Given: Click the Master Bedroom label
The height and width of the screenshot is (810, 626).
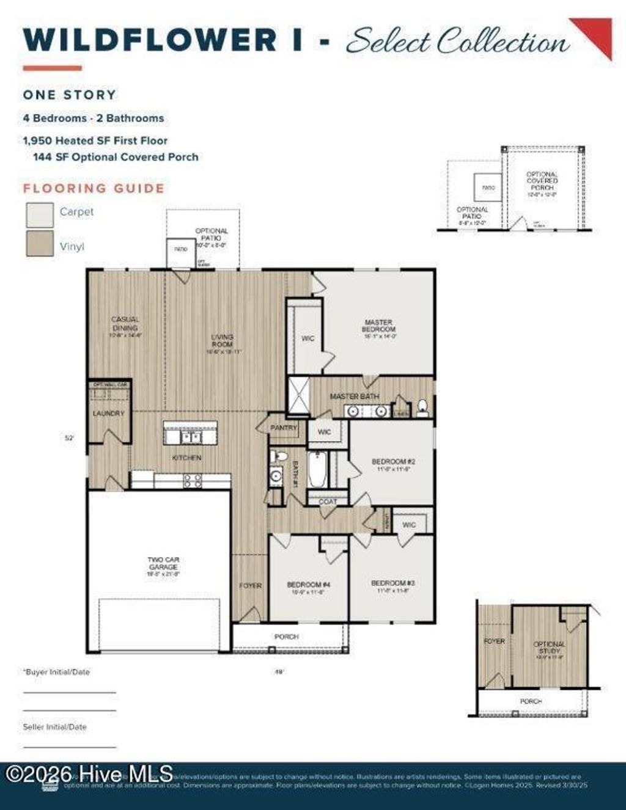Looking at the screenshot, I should [378, 326].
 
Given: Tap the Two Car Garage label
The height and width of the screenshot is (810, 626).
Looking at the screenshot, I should [163, 563].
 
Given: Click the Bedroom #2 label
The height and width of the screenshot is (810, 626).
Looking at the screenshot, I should [393, 462].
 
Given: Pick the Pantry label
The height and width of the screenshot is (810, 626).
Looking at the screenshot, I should [284, 428].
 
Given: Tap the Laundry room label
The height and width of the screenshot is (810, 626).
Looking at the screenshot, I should [108, 414].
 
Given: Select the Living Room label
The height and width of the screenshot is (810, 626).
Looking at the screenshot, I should [223, 340].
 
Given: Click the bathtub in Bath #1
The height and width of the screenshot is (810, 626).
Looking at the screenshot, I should [318, 469].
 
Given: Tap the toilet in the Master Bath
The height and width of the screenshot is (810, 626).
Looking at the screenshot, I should [422, 407].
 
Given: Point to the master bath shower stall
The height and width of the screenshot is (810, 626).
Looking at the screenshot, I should [298, 396].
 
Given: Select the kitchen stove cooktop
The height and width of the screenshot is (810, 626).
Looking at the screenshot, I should [193, 481].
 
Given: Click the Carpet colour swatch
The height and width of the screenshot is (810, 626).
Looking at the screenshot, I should [40, 214].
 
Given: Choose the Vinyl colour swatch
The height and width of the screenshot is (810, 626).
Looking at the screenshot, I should [40, 243].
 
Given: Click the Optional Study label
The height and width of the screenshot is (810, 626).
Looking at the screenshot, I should [549, 648].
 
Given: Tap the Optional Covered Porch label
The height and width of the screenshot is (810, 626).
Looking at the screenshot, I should [542, 181].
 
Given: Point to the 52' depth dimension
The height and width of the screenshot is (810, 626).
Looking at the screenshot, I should [69, 437].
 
